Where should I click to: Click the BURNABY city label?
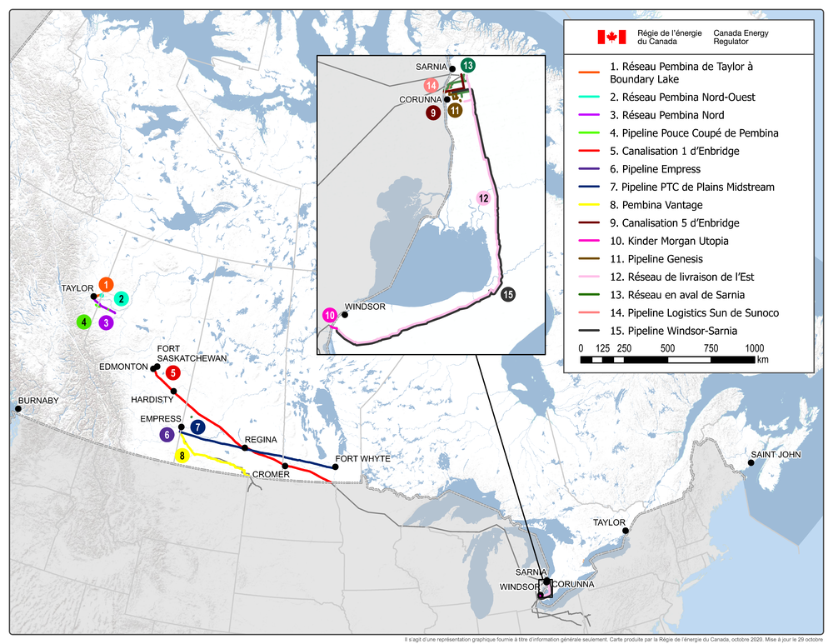pyautogui.click(x=38, y=401)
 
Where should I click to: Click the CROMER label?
pyautogui.click(x=271, y=474)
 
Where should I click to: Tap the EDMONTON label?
pyautogui.click(x=123, y=367)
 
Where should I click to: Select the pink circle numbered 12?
pyautogui.click(x=483, y=197)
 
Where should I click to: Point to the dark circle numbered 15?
pyautogui.click(x=508, y=293)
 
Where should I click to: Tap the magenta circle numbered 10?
pyautogui.click(x=330, y=315)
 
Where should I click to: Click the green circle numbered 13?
pyautogui.click(x=467, y=64)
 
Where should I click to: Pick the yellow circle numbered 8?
pyautogui.click(x=182, y=456)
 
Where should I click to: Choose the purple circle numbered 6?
pyautogui.click(x=167, y=434)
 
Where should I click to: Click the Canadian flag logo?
pyautogui.click(x=611, y=37)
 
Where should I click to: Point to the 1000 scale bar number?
pyautogui.click(x=755, y=347)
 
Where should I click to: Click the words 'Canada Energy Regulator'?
pyautogui.click(x=741, y=37)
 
